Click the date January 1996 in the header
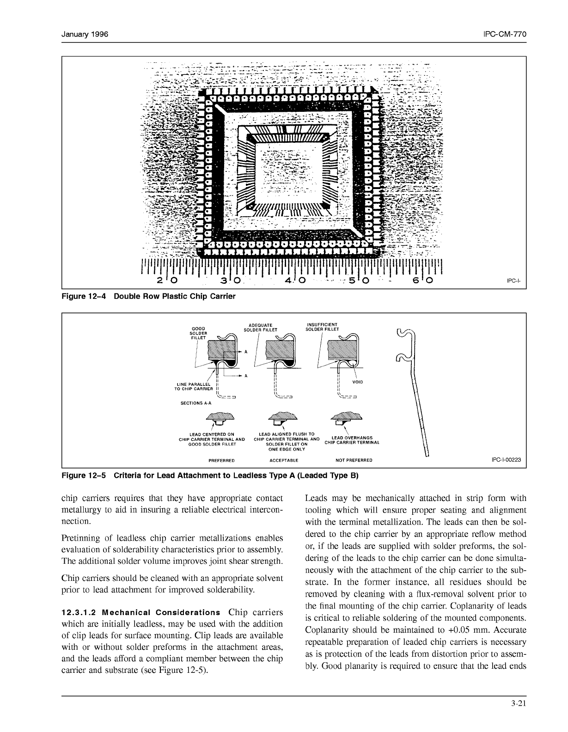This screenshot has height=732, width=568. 85,35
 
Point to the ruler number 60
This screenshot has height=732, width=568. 423,281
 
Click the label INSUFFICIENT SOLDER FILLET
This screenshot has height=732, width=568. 322,327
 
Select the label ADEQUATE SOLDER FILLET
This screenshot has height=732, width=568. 261,328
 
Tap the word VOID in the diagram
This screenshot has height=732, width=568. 358,382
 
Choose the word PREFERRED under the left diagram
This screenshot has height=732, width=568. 222,460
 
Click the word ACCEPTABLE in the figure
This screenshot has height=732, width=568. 284,460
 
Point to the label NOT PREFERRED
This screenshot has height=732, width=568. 354,460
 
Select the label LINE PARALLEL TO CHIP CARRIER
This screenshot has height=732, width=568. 195,386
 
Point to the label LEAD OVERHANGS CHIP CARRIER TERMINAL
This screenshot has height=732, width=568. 352,440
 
